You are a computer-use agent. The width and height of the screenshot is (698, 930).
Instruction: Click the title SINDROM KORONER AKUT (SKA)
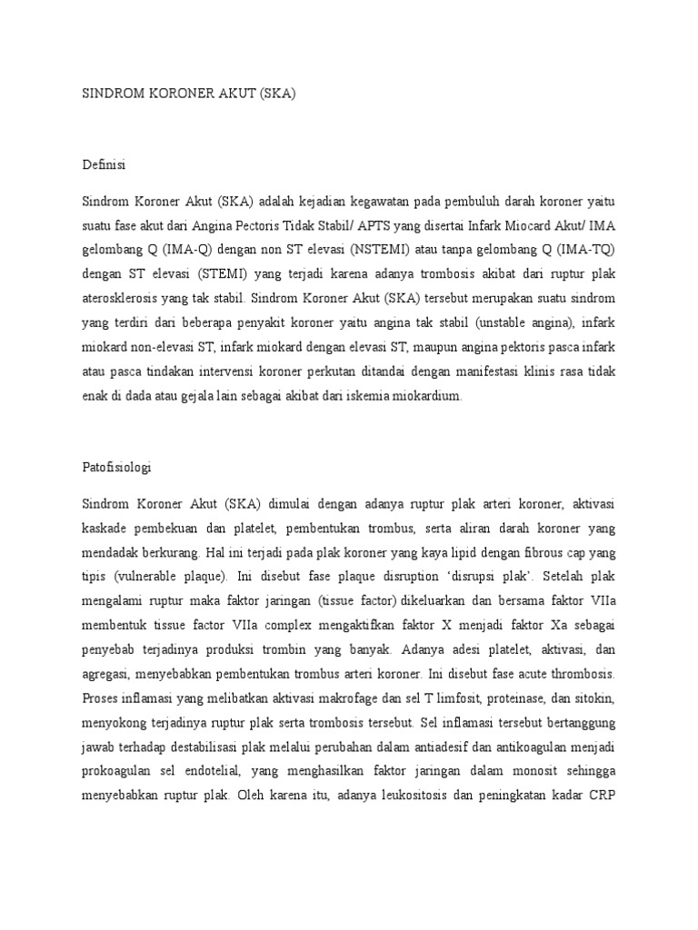pyautogui.click(x=189, y=94)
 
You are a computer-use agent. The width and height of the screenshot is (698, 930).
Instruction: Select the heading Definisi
pyautogui.click(x=104, y=164)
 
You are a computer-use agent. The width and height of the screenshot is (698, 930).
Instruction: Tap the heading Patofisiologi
pyautogui.click(x=116, y=468)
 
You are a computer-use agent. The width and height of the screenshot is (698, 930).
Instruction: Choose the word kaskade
pyautogui.click(x=105, y=528)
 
